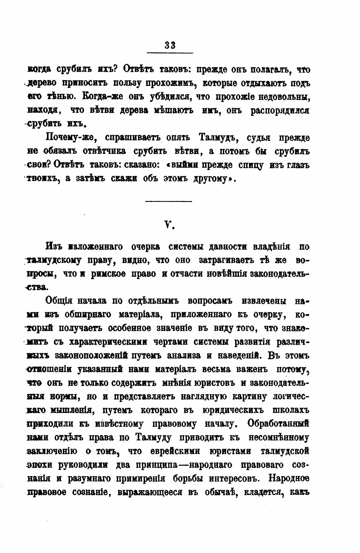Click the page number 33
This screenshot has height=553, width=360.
pyautogui.click(x=170, y=45)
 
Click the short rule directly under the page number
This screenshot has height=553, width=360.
pyautogui.click(x=170, y=52)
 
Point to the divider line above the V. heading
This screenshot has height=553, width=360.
pyautogui.click(x=169, y=201)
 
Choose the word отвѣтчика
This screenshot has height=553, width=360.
pyautogui.click(x=104, y=151)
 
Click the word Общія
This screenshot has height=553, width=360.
pyautogui.click(x=59, y=301)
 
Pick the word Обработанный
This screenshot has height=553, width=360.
pyautogui.click(x=278, y=424)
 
